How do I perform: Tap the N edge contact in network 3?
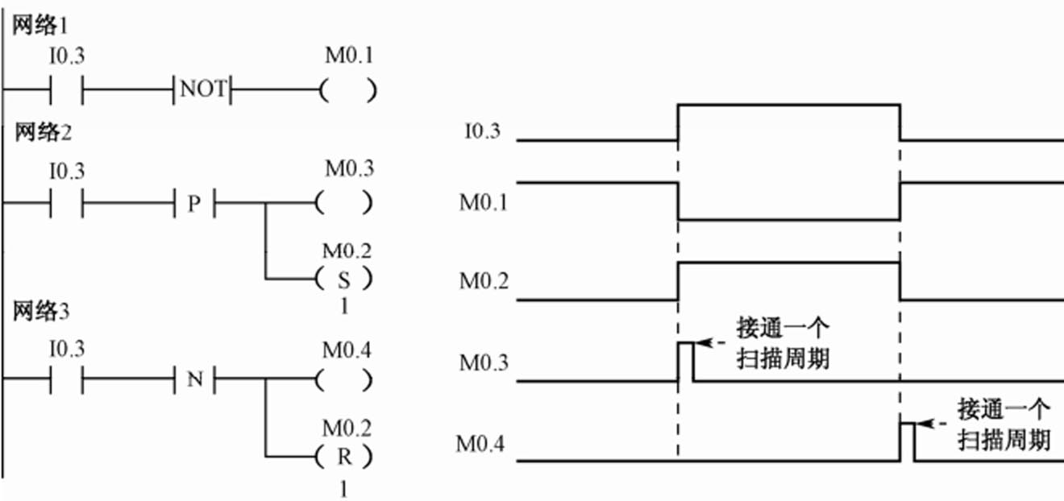194,379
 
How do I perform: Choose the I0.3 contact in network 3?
67,379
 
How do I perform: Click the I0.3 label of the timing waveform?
481,130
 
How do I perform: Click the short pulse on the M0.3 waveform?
685,360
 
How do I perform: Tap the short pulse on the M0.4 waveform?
907,441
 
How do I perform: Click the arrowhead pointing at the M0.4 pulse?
924,424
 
